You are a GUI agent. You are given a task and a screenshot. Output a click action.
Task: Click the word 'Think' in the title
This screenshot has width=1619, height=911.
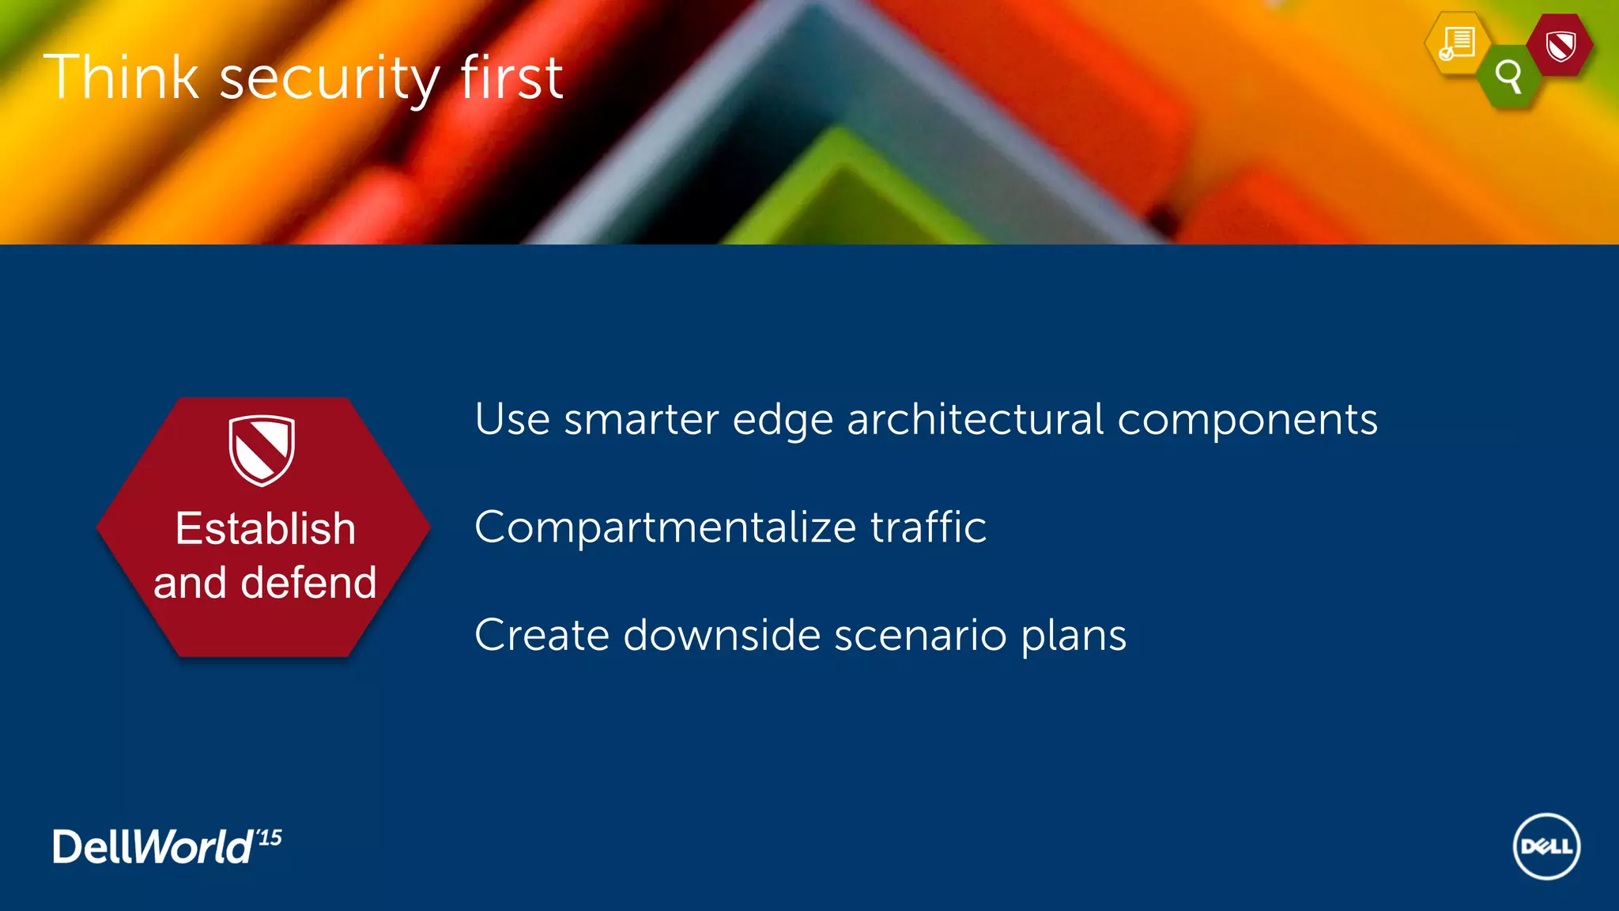121,77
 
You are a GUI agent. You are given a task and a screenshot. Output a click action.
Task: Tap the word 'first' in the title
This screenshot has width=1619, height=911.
511,77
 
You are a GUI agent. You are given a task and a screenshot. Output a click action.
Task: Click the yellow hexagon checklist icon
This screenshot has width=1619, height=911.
1457,43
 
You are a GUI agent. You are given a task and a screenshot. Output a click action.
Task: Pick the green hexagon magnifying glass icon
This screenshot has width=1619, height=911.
1509,77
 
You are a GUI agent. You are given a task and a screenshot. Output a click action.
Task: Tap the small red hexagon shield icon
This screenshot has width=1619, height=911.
1560,46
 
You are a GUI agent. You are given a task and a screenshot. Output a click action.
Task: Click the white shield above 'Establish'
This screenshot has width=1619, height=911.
262,449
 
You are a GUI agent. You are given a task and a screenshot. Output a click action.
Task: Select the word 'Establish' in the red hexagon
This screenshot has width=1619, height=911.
266,528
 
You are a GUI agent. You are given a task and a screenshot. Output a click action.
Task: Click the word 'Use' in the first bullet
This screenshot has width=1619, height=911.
512,419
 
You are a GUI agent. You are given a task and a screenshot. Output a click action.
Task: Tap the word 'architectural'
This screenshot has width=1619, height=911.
976,419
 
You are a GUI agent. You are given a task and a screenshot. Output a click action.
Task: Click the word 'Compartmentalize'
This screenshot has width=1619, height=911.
666,527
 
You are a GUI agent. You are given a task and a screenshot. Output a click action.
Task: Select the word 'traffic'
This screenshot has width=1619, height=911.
928,527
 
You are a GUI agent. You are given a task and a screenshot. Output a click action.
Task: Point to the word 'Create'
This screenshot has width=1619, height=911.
542,635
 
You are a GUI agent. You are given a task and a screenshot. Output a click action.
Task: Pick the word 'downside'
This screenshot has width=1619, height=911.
722,635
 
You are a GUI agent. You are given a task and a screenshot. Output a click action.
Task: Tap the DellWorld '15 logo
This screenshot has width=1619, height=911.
167,847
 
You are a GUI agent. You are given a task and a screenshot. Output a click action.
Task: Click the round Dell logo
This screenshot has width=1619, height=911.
1546,846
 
